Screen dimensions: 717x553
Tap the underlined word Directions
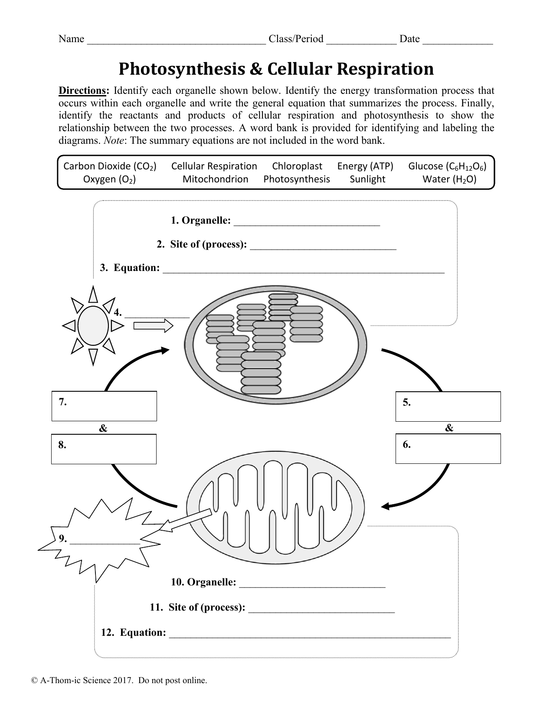83,91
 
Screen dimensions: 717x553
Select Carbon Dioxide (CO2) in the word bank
110,166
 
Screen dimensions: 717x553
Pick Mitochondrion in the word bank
215,179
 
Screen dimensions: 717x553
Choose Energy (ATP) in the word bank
365,166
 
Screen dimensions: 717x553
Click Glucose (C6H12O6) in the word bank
447,166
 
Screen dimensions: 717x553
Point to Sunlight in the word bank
367,179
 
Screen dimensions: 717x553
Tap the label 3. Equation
130,268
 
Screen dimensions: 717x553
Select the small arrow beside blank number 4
153,325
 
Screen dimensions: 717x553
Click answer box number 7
104,406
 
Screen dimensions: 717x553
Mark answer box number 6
448,449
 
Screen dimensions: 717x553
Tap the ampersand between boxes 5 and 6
449,428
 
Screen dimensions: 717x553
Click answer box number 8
104,449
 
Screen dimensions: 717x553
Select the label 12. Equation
134,633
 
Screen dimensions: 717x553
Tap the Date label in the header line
409,39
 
